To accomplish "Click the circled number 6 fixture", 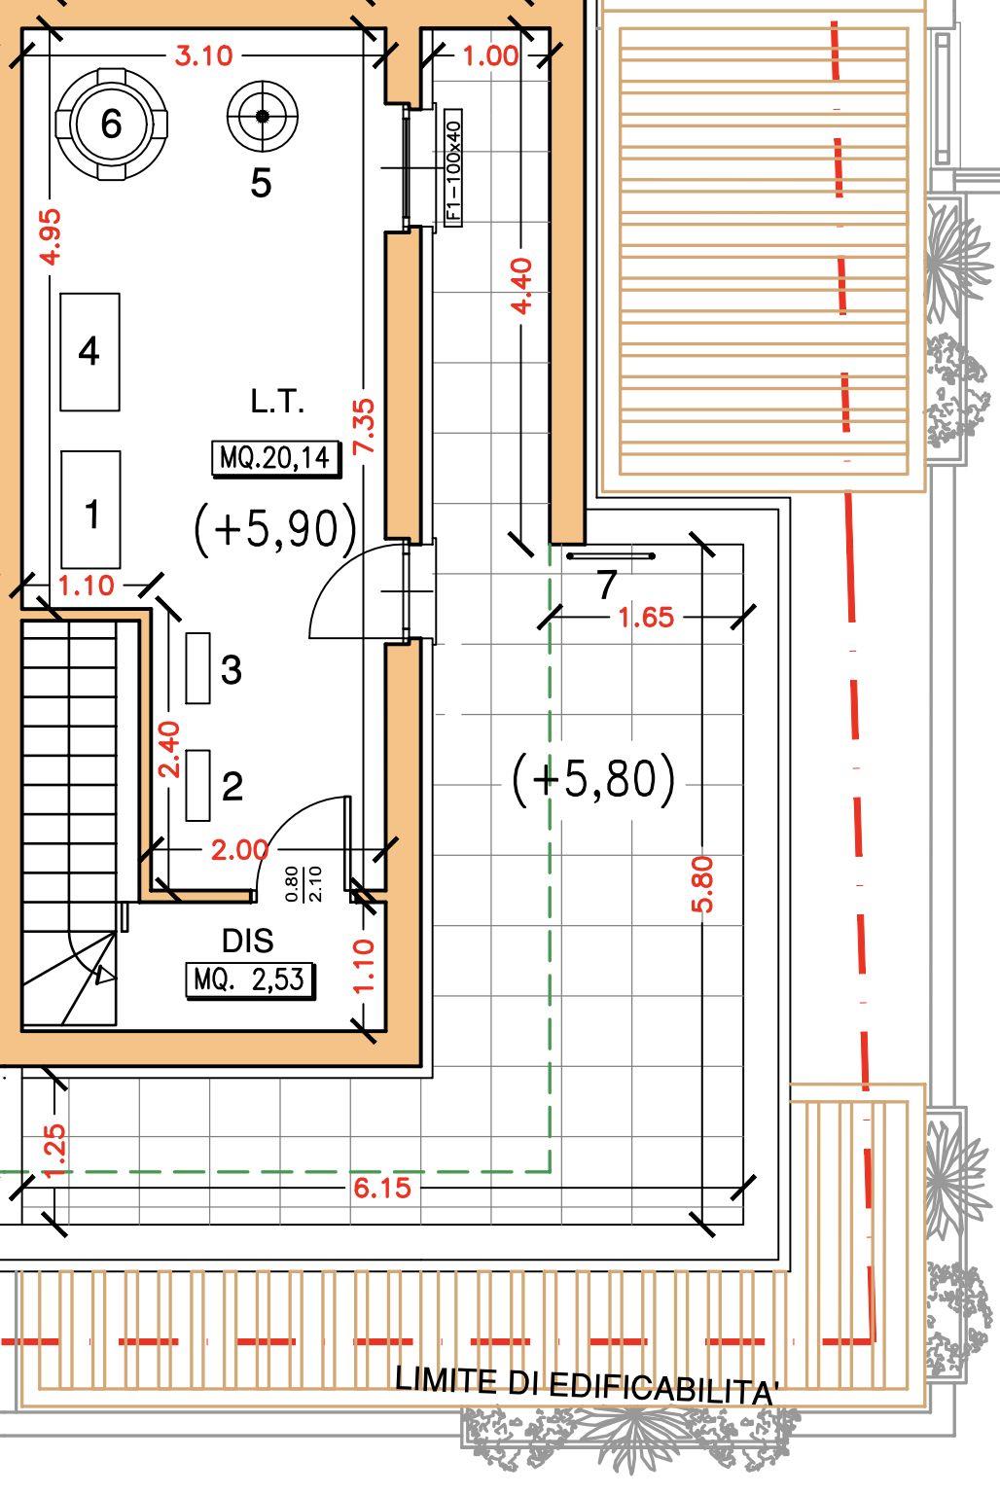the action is pyautogui.click(x=112, y=124).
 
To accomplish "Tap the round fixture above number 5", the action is pyautogui.click(x=263, y=116).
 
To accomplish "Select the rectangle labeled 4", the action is pyautogui.click(x=90, y=351).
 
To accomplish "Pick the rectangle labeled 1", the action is pyautogui.click(x=90, y=510).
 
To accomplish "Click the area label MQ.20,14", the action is pyautogui.click(x=275, y=458).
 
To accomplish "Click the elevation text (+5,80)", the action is pyautogui.click(x=593, y=779).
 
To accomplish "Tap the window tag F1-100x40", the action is pyautogui.click(x=453, y=168).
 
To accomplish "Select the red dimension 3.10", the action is pyautogui.click(x=203, y=56).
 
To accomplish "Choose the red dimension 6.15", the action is pyautogui.click(x=382, y=1188).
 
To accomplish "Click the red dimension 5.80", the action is pyautogui.click(x=703, y=884).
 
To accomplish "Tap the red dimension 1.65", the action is pyautogui.click(x=646, y=618).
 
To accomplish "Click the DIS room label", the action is pyautogui.click(x=247, y=942).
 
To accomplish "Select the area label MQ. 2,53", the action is pyautogui.click(x=249, y=980).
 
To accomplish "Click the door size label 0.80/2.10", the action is pyautogui.click(x=304, y=884).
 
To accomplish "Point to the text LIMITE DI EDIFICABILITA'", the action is pyautogui.click(x=587, y=1385).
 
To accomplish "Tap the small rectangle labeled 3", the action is pyautogui.click(x=197, y=668).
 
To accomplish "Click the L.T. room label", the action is pyautogui.click(x=277, y=402).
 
